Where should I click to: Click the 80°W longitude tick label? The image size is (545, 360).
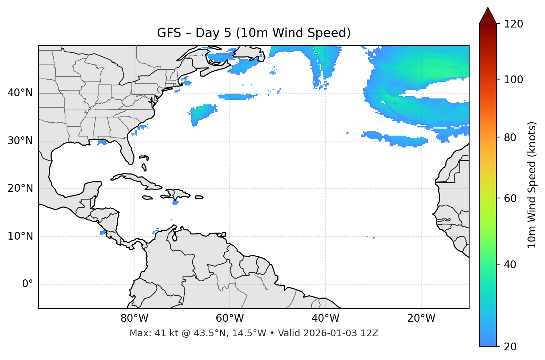(x=134, y=318)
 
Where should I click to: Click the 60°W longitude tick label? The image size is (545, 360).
(x=230, y=318)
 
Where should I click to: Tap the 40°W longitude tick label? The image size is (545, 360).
(x=325, y=318)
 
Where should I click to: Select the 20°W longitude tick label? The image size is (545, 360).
(x=421, y=318)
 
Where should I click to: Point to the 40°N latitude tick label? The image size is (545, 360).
(x=20, y=93)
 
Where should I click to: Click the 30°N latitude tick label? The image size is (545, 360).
(x=20, y=141)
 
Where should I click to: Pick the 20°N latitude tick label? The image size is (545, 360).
(x=20, y=188)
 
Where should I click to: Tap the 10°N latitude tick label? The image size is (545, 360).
(x=20, y=236)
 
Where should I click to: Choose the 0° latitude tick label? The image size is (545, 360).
(x=28, y=284)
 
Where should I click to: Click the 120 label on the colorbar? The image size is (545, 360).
(x=513, y=24)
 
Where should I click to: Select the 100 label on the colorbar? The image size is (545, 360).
(x=513, y=80)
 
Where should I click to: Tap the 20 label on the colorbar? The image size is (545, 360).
(x=510, y=347)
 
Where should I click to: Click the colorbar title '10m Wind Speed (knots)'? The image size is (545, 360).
(x=532, y=185)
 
